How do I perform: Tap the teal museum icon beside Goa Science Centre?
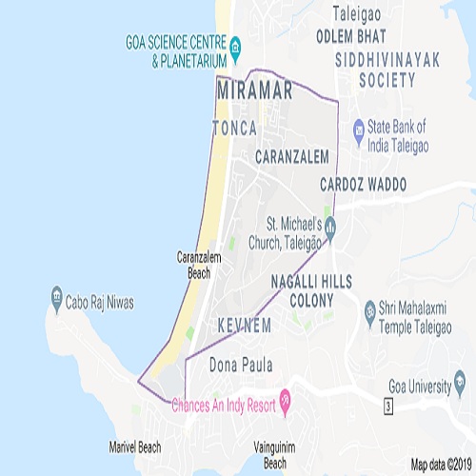(x=234, y=44)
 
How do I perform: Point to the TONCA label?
(x=237, y=127)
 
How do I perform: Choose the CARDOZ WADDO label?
(x=364, y=182)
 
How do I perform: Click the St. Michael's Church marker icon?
(x=329, y=227)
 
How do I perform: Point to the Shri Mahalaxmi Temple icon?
(x=368, y=309)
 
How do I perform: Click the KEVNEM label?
(x=245, y=326)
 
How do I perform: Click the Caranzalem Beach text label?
(x=199, y=264)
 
